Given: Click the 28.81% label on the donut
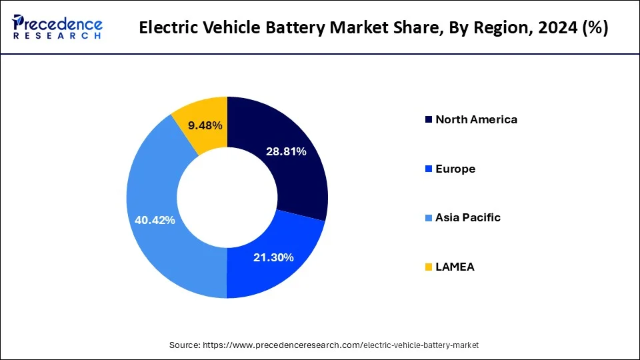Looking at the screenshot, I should click(286, 152).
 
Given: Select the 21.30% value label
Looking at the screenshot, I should click(273, 257).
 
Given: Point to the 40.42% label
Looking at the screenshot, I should click(155, 220).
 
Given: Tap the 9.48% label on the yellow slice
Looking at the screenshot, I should click(205, 125).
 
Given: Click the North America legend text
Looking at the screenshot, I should click(476, 120).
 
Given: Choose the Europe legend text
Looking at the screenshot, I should click(455, 169).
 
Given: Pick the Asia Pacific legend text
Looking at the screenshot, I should click(467, 218).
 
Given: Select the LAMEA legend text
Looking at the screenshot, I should click(455, 267).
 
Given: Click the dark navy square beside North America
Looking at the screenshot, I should click(427, 120).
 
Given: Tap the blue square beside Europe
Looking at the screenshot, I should click(427, 169).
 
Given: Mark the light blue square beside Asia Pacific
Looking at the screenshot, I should click(427, 218).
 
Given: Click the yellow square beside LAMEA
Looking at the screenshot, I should click(427, 267).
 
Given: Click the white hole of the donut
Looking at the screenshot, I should click(227, 198).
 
